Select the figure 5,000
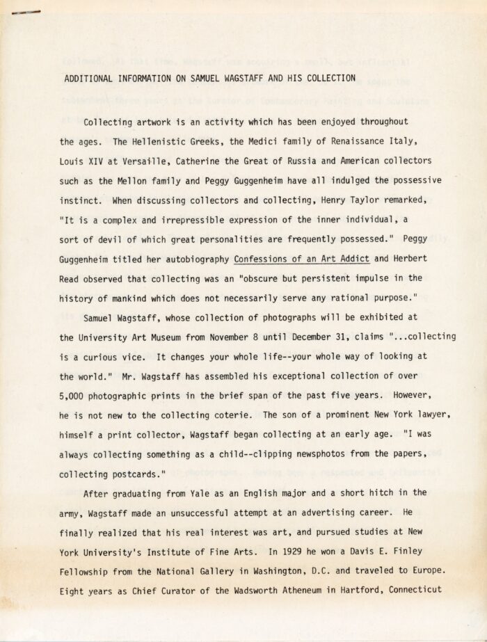[x=74, y=395]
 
